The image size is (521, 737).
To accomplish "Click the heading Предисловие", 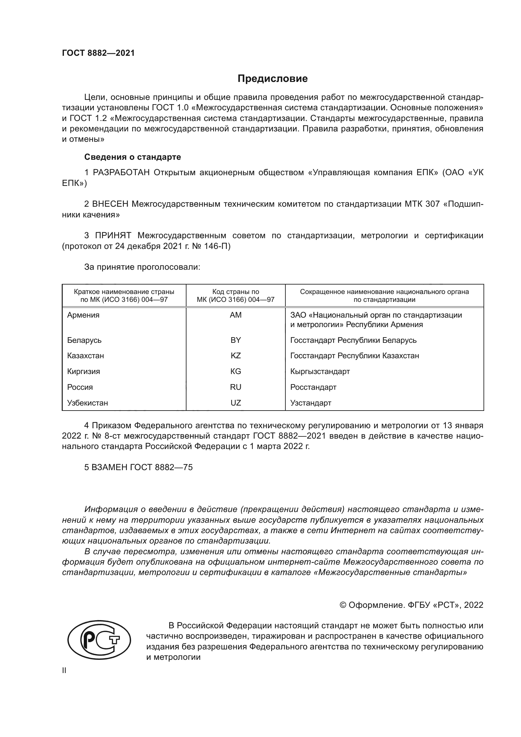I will click(272, 79).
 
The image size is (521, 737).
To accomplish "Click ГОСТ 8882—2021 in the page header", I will click(98, 53).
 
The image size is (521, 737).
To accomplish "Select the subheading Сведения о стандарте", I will click(133, 157).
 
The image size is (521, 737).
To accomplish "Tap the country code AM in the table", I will click(236, 315).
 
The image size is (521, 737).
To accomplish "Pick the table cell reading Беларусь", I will click(84, 340).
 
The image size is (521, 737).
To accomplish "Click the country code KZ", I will click(236, 356).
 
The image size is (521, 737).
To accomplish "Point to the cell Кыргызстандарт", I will click(320, 371).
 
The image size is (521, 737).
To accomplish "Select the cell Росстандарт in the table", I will click(313, 387).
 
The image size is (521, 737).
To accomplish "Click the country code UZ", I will click(236, 403).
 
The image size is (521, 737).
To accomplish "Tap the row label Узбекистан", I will click(88, 403).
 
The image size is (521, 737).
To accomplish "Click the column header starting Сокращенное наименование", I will click(384, 296).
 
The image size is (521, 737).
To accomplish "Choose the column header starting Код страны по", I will click(236, 296).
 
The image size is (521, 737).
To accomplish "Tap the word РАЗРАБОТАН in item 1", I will click(121, 173).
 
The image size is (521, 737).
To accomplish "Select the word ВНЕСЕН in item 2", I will click(110, 204).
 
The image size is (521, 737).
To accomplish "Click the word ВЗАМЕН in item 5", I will click(109, 467).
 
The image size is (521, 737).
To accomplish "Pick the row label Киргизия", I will click(83, 371).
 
